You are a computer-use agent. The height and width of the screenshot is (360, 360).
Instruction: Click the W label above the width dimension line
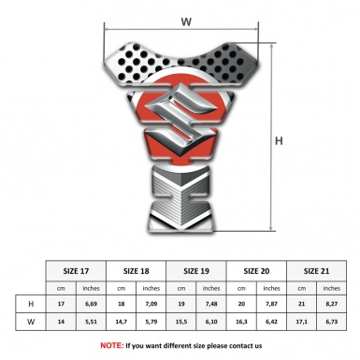[186, 22]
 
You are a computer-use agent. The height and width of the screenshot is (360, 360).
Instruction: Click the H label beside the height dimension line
[279, 141]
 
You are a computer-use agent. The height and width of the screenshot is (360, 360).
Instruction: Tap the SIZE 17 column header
[76, 271]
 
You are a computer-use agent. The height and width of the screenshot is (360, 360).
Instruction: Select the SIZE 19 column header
[196, 271]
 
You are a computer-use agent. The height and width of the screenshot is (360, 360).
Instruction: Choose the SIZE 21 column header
[316, 271]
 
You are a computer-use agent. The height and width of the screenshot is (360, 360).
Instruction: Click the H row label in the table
[31, 304]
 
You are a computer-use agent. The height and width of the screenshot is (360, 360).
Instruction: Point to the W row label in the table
[31, 322]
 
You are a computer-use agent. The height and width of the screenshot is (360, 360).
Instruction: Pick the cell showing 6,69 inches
[91, 304]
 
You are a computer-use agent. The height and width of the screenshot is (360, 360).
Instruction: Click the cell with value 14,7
[122, 322]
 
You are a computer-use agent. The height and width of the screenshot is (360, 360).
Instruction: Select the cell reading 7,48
[211, 304]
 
